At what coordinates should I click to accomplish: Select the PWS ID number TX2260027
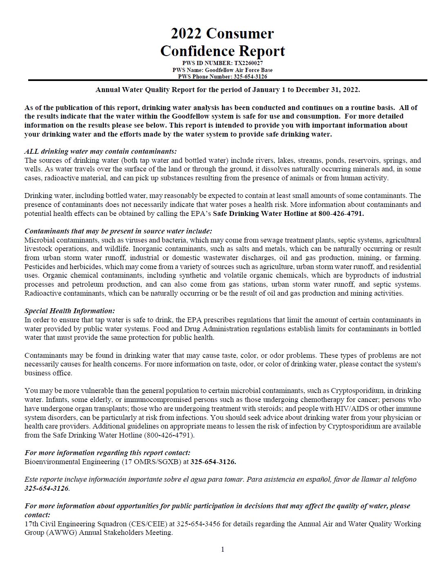coord(248,63)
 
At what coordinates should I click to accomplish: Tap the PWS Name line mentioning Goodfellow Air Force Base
coord(222,70)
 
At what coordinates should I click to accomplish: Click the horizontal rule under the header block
coord(227,80)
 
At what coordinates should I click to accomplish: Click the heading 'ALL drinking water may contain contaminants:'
coord(101,151)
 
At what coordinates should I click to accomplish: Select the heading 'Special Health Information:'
coord(69,311)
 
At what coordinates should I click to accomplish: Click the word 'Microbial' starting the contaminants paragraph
coord(39,240)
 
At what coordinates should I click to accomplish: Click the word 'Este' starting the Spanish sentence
coord(31,479)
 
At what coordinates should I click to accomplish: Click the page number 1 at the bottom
coord(223,549)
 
